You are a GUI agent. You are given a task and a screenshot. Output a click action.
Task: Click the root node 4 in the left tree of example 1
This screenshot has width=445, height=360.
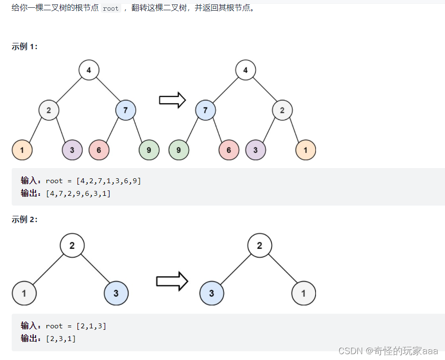[x=89, y=70]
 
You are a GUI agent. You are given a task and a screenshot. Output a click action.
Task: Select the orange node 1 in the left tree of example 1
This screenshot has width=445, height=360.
[x=22, y=150]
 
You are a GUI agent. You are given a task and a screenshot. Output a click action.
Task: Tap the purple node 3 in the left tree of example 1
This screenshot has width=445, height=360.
[x=72, y=150]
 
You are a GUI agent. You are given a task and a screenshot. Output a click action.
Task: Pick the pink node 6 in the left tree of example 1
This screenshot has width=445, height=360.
[x=99, y=150]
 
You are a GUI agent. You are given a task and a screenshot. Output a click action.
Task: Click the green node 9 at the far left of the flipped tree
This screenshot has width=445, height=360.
[x=179, y=150]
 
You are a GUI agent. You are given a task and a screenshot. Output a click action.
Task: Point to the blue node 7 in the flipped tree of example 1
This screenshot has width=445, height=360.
[x=205, y=110]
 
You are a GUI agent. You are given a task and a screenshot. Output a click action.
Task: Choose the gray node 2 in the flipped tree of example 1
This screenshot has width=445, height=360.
[x=282, y=110]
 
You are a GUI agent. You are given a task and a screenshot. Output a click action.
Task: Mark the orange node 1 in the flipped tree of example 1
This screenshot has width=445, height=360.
[x=306, y=150]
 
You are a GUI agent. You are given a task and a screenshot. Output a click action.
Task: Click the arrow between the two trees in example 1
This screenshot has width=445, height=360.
[x=172, y=100]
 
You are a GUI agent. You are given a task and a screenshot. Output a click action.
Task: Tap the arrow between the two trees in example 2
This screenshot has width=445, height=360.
[x=172, y=281]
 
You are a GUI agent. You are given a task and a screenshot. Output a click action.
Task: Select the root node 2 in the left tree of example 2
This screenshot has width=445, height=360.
[x=72, y=246]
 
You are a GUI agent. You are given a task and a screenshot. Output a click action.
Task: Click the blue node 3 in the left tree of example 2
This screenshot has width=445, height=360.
[x=116, y=293]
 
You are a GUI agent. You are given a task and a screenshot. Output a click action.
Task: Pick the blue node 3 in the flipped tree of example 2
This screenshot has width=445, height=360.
[x=211, y=293]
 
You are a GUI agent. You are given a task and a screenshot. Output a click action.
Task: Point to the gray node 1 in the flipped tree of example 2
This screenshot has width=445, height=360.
[x=303, y=293]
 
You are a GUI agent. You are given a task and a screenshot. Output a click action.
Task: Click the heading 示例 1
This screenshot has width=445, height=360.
[x=24, y=47]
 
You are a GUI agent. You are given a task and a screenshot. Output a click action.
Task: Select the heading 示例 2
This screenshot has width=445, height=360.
[x=24, y=220]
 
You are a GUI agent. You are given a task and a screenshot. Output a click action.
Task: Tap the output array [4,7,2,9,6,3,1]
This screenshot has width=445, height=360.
[x=78, y=193]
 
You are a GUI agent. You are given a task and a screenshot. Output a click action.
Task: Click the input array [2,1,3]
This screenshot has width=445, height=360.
[x=91, y=326]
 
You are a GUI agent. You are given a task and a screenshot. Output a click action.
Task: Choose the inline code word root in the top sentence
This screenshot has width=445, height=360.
[x=111, y=9]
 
